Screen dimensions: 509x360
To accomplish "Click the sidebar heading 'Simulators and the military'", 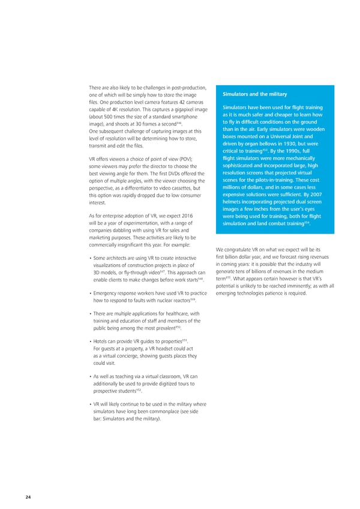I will (254, 94).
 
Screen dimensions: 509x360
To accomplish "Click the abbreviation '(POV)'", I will (184, 158).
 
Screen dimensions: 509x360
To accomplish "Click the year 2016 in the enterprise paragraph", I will (185, 215).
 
